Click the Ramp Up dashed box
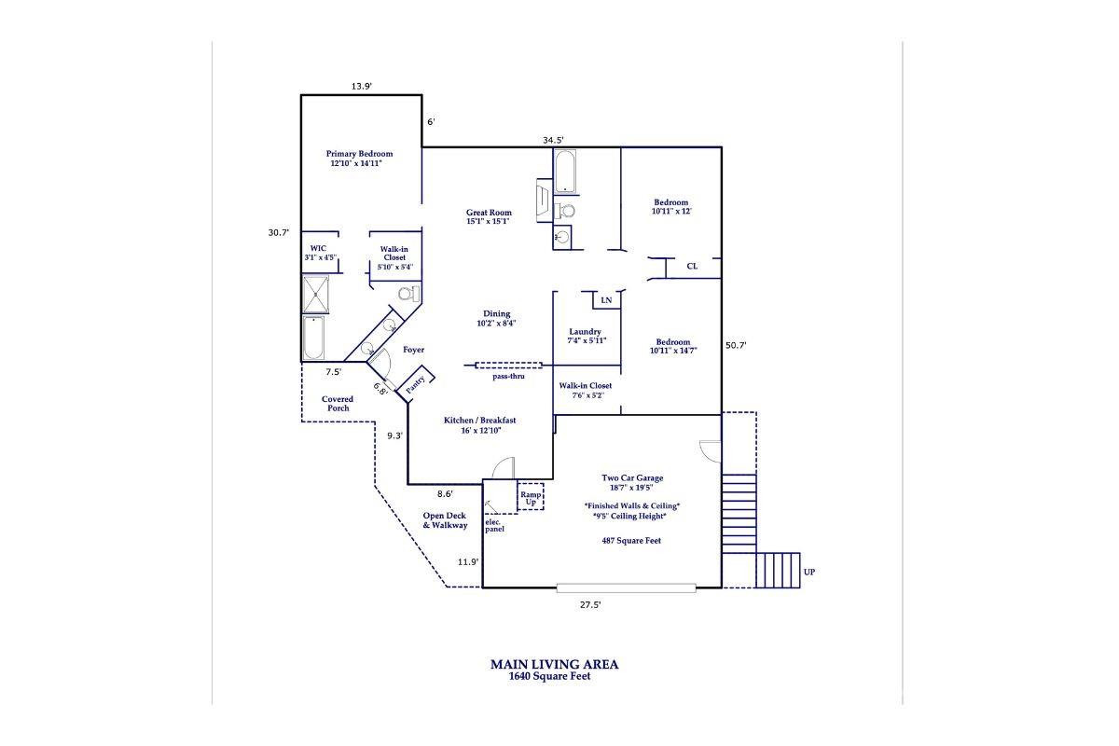531,497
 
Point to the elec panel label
494,525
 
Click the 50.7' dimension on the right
736,345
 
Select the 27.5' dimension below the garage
590,604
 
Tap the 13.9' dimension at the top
362,86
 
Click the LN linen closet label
606,300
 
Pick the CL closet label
692,267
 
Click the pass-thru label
509,377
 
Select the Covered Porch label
337,403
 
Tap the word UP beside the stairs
808,572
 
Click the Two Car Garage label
631,477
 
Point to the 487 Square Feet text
631,540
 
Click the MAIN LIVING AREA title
554,665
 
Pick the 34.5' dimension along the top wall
554,141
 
